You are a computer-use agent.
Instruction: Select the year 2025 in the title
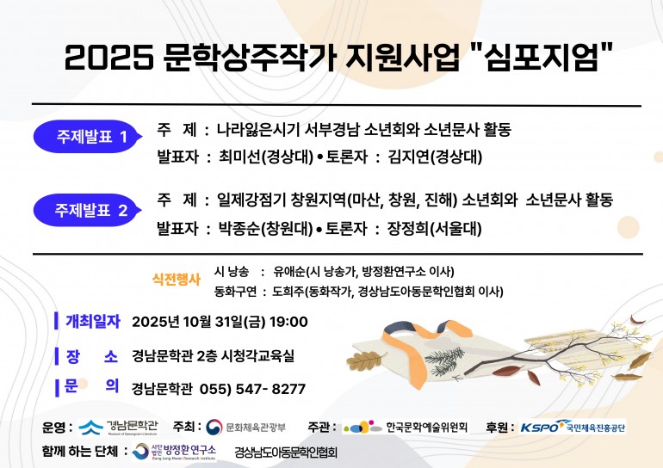pyautogui.click(x=108, y=58)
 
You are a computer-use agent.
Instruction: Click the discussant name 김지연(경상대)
pyautogui.click(x=435, y=157)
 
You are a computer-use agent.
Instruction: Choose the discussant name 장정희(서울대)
pyautogui.click(x=435, y=229)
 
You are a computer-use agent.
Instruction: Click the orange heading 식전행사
pyautogui.click(x=177, y=279)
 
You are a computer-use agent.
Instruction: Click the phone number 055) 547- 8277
pyautogui.click(x=252, y=389)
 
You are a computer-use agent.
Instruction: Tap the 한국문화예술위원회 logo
pyautogui.click(x=405, y=427)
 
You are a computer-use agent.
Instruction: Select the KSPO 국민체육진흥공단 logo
pyautogui.click(x=573, y=427)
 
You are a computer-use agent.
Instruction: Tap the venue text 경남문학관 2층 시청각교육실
pyautogui.click(x=213, y=355)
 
